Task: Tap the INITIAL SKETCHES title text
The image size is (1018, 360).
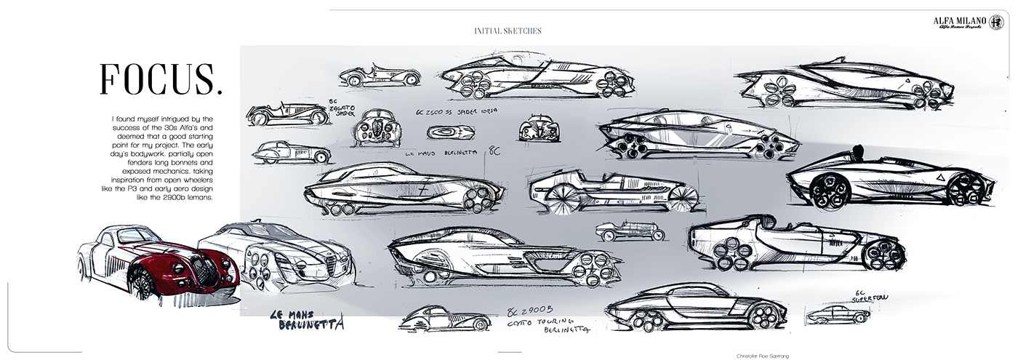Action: pyautogui.click(x=508, y=31)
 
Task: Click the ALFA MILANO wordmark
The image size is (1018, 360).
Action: pyautogui.click(x=958, y=20)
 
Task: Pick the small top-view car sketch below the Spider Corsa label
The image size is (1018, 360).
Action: pyautogui.click(x=451, y=132)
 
